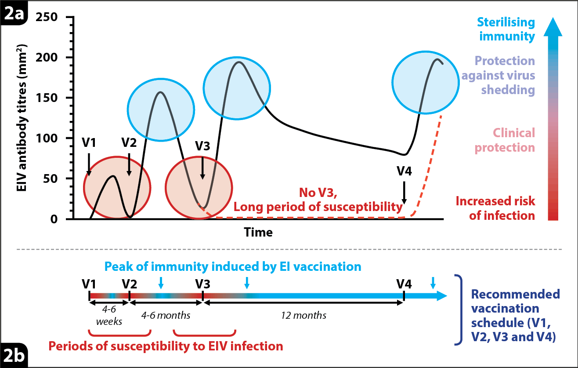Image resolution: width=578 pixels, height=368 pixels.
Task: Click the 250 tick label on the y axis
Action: pyautogui.click(x=47, y=17)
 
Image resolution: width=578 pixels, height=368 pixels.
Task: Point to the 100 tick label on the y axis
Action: pyautogui.click(x=47, y=138)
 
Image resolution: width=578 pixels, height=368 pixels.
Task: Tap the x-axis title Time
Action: pyautogui.click(x=258, y=232)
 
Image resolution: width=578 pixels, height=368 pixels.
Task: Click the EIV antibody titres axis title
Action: pyautogui.click(x=22, y=118)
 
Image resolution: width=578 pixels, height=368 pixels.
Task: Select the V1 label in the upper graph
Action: pyautogui.click(x=89, y=142)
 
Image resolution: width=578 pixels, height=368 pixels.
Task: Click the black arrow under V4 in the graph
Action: pyautogui.click(x=404, y=193)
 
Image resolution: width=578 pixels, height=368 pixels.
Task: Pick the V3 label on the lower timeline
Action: pyautogui.click(x=202, y=284)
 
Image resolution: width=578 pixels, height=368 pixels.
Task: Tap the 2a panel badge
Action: pyautogui.click(x=14, y=13)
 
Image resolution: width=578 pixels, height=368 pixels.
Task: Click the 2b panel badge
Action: pyautogui.click(x=14, y=355)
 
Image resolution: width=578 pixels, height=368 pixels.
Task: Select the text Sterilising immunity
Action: pyautogui.click(x=506, y=29)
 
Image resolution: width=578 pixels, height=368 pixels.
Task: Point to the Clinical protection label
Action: pyautogui.click(x=505, y=140)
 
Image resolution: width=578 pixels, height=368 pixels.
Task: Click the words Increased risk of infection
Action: pyautogui.click(x=495, y=208)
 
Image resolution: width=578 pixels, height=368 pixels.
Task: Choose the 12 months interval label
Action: pyautogui.click(x=303, y=315)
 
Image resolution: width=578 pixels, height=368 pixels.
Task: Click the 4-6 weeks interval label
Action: pyautogui.click(x=109, y=315)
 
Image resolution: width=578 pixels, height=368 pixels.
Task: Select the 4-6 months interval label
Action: pyautogui.click(x=166, y=315)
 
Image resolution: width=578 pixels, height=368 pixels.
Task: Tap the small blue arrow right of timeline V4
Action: pyautogui.click(x=433, y=283)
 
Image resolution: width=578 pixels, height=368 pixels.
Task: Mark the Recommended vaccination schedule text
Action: pyautogui.click(x=515, y=315)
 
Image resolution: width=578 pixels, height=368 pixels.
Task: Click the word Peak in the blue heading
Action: pyautogui.click(x=119, y=266)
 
